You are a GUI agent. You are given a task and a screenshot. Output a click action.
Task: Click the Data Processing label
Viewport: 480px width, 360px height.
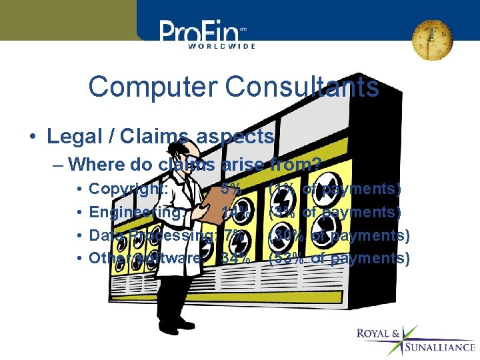151,235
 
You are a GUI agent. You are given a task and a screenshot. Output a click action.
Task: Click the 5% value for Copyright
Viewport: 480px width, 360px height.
231,189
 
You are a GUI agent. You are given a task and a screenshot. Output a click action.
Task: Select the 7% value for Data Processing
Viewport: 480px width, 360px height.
233,235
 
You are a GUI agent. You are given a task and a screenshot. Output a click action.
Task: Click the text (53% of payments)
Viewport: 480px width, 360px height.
339,258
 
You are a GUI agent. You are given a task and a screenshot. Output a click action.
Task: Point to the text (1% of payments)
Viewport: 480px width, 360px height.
335,189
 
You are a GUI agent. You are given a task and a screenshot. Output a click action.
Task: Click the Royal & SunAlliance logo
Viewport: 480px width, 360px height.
415,339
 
